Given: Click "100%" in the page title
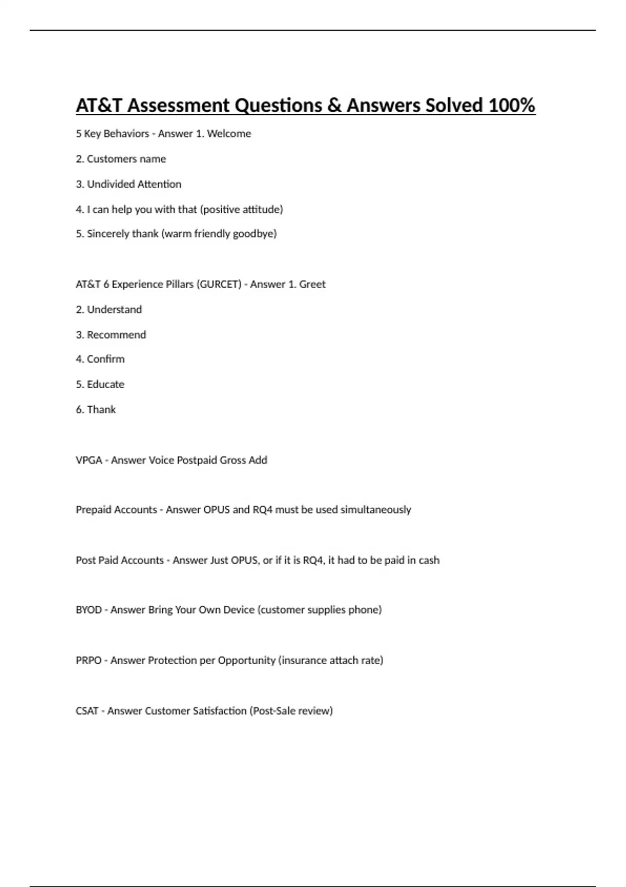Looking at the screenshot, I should click(x=511, y=106).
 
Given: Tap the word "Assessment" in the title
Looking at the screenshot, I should click(x=178, y=106).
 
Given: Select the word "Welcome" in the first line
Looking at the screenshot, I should click(x=229, y=134).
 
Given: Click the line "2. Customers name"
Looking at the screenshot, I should click(x=121, y=159).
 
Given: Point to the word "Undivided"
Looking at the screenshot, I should click(x=110, y=184).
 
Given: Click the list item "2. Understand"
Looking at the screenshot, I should click(x=109, y=310).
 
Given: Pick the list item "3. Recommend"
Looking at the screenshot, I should click(x=111, y=335).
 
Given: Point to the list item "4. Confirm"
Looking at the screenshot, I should click(x=100, y=359).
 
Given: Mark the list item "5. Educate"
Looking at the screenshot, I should click(x=100, y=385).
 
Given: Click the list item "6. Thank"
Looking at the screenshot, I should click(x=95, y=410).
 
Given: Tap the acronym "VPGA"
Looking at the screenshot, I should click(x=89, y=460).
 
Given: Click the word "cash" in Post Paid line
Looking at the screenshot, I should click(x=429, y=560).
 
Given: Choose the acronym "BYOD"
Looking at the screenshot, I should click(x=89, y=610).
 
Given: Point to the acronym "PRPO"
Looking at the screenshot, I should click(x=89, y=661).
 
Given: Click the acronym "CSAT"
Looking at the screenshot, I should click(x=87, y=711).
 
